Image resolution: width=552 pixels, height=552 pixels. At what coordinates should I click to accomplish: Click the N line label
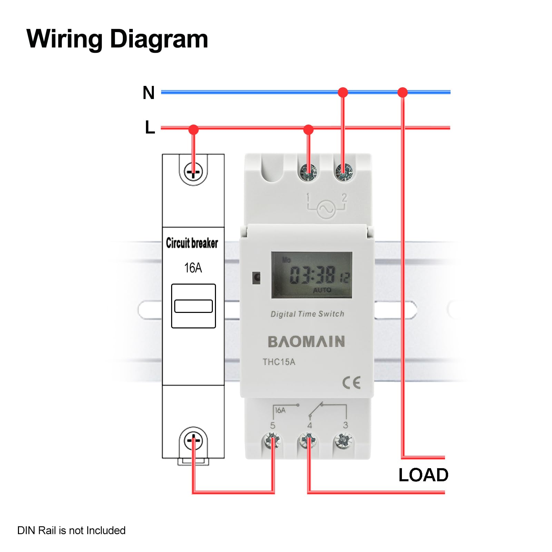click(149, 93)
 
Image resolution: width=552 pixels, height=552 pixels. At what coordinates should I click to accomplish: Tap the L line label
click(150, 127)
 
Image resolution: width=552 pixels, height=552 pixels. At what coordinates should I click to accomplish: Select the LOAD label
click(423, 475)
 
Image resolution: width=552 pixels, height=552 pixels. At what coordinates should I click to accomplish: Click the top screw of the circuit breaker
click(193, 171)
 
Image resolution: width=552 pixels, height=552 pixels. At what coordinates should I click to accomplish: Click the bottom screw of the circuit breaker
click(193, 441)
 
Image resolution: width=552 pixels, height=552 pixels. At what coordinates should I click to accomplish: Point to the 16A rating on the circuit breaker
click(193, 268)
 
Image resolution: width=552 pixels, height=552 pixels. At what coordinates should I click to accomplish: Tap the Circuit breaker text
click(192, 243)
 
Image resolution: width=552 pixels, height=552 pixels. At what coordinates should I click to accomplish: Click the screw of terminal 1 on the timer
click(308, 172)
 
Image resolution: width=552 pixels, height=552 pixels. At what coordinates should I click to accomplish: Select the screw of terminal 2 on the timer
click(344, 172)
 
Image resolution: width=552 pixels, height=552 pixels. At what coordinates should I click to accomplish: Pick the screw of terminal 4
click(308, 441)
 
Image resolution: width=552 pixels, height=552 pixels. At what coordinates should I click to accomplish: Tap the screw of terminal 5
click(272, 441)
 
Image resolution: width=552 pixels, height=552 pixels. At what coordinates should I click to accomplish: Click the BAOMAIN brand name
click(306, 342)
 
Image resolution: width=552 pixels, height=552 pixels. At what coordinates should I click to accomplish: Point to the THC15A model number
click(279, 362)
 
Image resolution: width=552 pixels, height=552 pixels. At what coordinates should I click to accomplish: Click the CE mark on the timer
click(351, 383)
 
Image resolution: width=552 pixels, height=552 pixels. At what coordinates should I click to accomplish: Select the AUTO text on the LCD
click(322, 290)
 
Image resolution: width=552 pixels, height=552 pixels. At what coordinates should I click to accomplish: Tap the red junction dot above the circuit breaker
click(194, 130)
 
